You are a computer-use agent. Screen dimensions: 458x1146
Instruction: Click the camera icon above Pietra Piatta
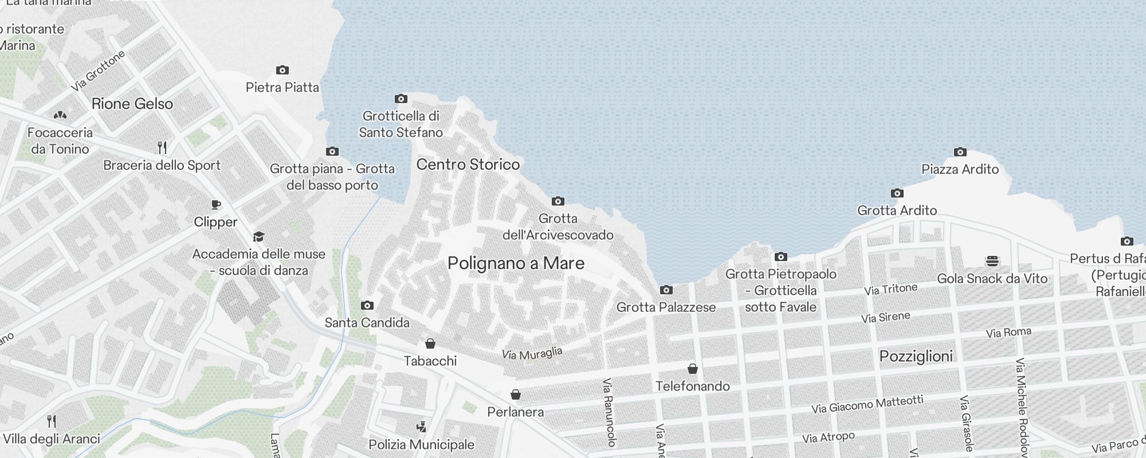click(282, 70)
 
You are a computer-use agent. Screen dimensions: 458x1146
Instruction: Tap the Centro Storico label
click(468, 164)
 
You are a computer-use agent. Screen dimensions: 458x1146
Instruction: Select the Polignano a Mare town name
click(516, 263)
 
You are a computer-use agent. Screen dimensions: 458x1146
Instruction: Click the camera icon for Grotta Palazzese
click(666, 290)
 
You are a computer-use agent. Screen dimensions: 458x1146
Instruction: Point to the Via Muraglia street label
click(532, 353)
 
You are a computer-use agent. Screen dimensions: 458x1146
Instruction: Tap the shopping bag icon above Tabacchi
click(430, 343)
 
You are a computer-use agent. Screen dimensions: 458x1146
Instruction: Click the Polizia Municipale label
click(421, 445)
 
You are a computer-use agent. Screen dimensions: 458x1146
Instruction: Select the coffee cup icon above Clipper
click(215, 205)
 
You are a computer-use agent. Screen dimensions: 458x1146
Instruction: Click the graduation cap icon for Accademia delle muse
click(258, 237)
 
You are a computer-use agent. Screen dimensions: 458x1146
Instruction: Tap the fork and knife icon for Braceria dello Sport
click(162, 148)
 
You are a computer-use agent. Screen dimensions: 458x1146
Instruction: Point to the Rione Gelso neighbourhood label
click(132, 104)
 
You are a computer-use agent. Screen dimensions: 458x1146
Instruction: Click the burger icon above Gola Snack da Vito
click(992, 261)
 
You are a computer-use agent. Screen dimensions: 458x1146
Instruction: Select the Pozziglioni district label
click(916, 356)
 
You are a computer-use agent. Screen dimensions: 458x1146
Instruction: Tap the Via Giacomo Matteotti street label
click(867, 404)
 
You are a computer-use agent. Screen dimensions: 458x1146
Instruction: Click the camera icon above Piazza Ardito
click(960, 152)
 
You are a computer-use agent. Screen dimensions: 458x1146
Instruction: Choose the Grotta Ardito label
click(897, 211)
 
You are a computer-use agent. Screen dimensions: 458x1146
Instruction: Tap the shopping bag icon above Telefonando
click(692, 369)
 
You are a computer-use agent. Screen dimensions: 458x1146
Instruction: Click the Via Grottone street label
click(98, 71)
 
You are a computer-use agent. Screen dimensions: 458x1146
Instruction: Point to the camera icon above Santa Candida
click(367, 306)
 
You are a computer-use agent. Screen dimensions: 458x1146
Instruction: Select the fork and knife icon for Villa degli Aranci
click(52, 421)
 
